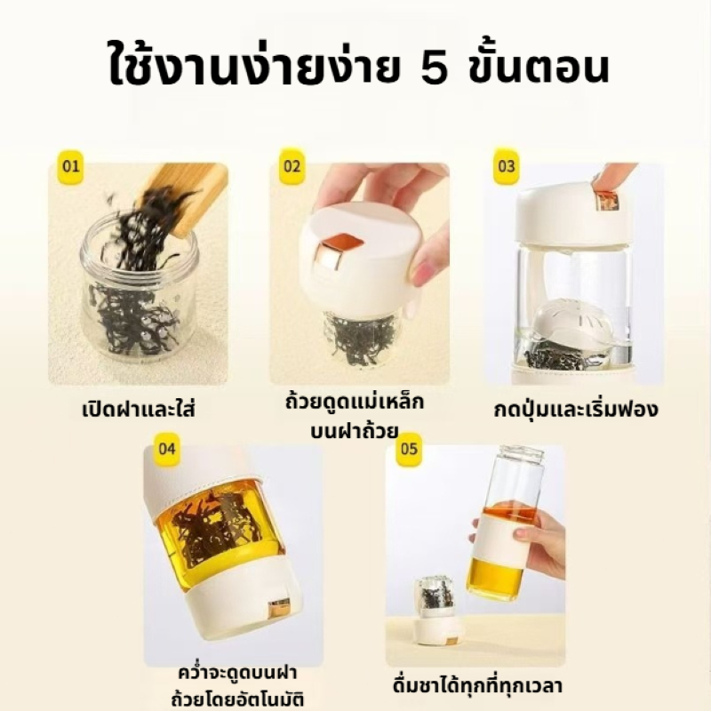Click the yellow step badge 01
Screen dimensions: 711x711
pos(71,166)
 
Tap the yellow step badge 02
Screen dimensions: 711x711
pos(292,166)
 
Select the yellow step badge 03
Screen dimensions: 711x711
pos(506,166)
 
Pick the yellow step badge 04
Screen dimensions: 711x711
pos(166,449)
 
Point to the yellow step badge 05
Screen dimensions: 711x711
pos(409,449)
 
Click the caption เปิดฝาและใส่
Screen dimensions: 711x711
pos(139,409)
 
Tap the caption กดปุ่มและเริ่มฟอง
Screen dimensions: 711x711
pos(576,409)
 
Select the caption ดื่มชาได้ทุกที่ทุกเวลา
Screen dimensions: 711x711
pos(477,684)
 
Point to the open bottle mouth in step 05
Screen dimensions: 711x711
pos(522,453)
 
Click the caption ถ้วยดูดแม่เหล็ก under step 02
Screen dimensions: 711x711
pos(354,403)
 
